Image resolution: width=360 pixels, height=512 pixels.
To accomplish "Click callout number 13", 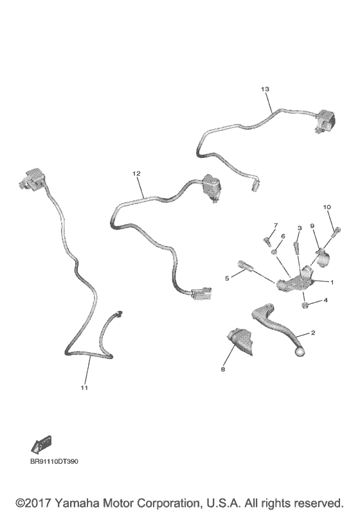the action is [265, 89].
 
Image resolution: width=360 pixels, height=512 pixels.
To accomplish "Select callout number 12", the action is [136, 173].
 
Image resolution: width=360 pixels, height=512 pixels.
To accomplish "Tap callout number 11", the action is [84, 387].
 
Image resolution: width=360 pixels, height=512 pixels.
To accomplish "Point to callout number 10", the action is [327, 207].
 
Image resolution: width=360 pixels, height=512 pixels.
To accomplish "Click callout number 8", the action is [223, 369].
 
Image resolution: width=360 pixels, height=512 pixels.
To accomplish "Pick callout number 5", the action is [227, 278].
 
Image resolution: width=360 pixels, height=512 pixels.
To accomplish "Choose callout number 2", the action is [313, 333].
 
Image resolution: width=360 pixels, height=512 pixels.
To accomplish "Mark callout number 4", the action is [325, 300].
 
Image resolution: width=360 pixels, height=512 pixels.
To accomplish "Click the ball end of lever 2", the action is [299, 351].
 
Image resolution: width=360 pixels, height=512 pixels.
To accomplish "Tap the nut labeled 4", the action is [305, 305].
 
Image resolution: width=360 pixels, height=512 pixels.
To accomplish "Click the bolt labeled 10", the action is [336, 232].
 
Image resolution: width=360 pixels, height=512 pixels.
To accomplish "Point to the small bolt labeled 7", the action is [267, 242].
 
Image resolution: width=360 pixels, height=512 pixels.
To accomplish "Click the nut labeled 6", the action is [274, 252].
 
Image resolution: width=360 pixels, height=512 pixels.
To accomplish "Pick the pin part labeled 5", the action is [245, 265].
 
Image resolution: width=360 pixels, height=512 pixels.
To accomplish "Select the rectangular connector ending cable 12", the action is [201, 294].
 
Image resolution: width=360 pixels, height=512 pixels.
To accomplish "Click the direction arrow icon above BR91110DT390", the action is [42, 445].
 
